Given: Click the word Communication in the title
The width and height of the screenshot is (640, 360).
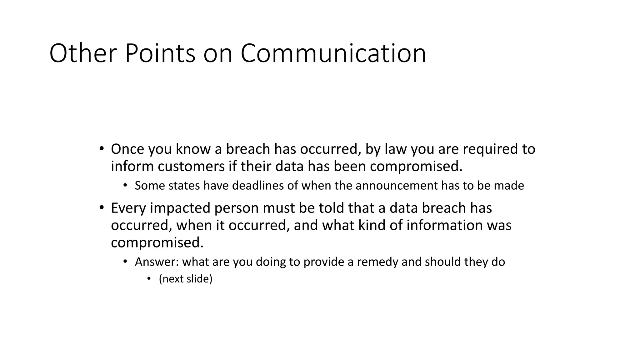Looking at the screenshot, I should (x=333, y=53).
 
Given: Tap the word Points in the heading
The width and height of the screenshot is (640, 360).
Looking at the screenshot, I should (x=160, y=53).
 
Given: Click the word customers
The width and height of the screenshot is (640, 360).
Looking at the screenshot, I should (x=191, y=166).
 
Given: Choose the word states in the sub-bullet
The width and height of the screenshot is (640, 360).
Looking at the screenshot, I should (x=184, y=186).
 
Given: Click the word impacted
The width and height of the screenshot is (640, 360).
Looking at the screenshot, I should (x=180, y=208).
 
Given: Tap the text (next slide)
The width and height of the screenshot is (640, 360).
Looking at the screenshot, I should (x=186, y=279).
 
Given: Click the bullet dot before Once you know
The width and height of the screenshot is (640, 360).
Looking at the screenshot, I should (x=101, y=148).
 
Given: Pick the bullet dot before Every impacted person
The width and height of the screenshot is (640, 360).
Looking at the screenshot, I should (x=101, y=207).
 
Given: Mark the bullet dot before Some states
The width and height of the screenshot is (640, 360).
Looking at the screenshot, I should (x=125, y=185).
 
